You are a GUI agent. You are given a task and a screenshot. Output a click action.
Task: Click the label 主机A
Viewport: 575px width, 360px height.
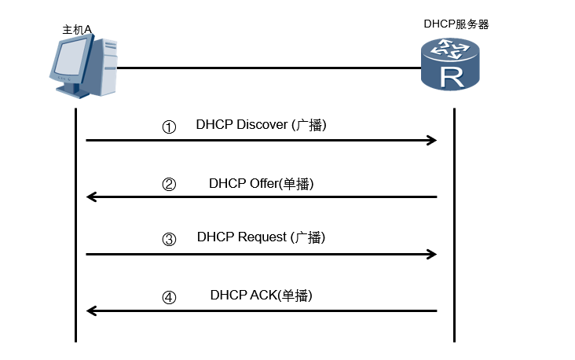(78, 29)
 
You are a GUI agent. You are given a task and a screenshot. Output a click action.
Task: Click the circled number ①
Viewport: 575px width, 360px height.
(169, 127)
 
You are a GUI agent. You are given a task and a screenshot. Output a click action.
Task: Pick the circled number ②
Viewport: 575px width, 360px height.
(169, 185)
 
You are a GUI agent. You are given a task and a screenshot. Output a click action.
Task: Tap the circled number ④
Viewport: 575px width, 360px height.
(169, 297)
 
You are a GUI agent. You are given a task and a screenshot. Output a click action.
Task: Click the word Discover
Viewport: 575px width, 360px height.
(262, 125)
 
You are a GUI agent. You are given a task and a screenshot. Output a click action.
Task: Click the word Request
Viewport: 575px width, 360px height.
(263, 237)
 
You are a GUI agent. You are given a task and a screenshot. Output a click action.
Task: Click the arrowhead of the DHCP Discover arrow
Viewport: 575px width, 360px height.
(431, 141)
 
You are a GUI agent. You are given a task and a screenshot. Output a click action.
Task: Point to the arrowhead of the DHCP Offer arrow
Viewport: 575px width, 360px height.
(91, 197)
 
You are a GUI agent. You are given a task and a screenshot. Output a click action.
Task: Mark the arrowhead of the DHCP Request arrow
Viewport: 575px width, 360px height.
(431, 254)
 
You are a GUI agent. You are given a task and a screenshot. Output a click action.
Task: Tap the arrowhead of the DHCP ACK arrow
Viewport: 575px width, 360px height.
(91, 311)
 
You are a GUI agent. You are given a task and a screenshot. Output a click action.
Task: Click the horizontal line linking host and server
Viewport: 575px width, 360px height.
(267, 68)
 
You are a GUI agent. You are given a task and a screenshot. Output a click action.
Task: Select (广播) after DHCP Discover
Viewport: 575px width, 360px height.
(309, 125)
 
